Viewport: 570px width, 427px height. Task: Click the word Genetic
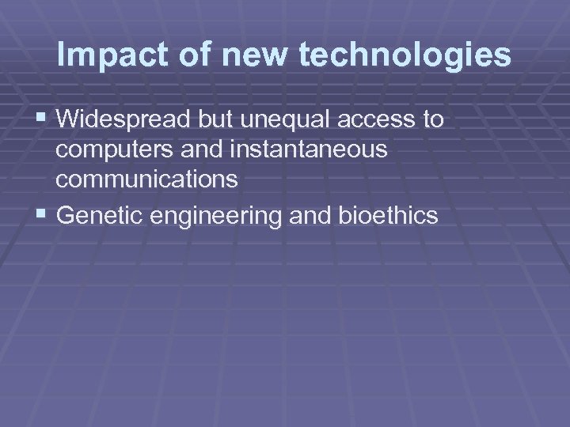96,215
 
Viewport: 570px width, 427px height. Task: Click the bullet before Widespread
41,119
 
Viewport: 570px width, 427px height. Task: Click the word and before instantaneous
207,150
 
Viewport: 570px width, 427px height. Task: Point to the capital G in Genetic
66,215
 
